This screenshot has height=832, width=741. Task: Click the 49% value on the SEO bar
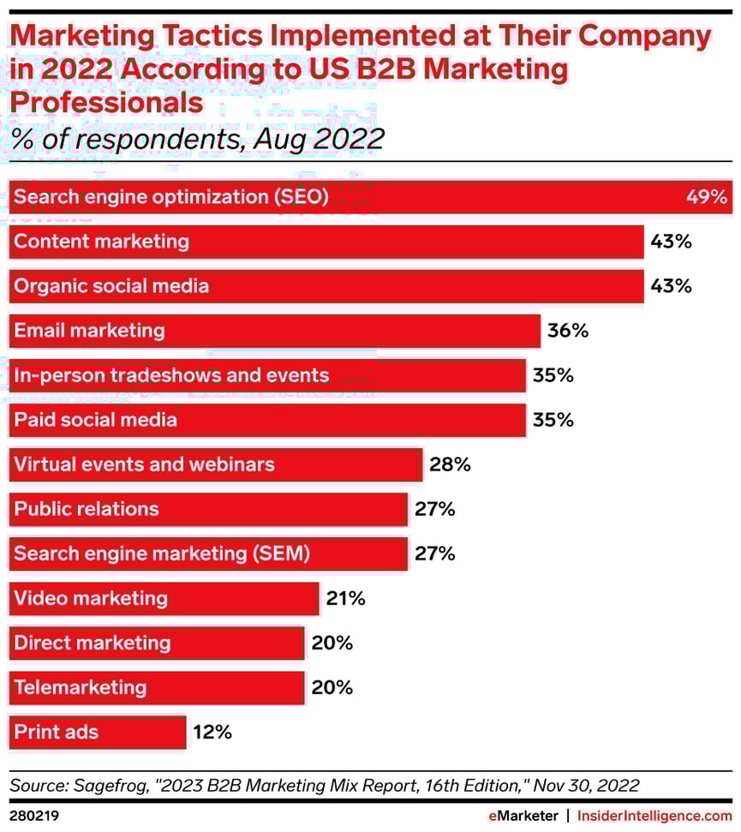pyautogui.click(x=706, y=197)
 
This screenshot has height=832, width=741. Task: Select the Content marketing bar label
pyautogui.click(x=101, y=242)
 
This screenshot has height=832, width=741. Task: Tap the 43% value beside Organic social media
pyautogui.click(x=671, y=286)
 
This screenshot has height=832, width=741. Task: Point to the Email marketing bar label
pyautogui.click(x=89, y=331)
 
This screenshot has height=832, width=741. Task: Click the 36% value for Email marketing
pyautogui.click(x=568, y=331)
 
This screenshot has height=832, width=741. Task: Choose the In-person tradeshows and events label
pyautogui.click(x=171, y=375)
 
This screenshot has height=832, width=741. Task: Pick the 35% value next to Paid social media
pyautogui.click(x=553, y=420)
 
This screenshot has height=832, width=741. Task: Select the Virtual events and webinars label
pyautogui.click(x=144, y=464)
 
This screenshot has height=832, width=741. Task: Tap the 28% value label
pyautogui.click(x=450, y=464)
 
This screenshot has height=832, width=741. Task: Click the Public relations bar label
pyautogui.click(x=87, y=509)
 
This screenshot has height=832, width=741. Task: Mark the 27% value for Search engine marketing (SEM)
pyautogui.click(x=434, y=554)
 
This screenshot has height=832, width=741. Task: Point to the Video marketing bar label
pyautogui.click(x=91, y=598)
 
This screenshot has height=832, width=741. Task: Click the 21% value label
pyautogui.click(x=345, y=598)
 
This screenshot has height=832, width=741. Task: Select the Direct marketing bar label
pyautogui.click(x=93, y=643)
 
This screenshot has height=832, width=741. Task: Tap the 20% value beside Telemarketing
pyautogui.click(x=332, y=687)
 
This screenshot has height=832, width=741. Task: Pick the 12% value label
pyautogui.click(x=212, y=732)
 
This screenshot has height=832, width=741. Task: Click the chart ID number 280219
pyautogui.click(x=33, y=816)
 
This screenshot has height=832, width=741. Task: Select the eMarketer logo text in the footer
pyautogui.click(x=523, y=816)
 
